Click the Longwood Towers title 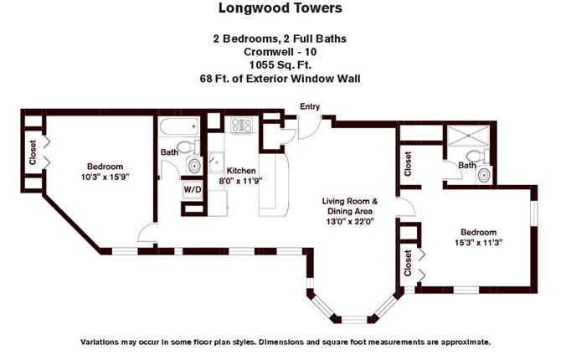[x=280, y=8]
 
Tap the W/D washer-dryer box [x=193, y=189]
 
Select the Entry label [x=310, y=106]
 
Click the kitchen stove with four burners [x=241, y=125]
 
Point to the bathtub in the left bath [x=179, y=126]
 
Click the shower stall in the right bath [x=469, y=136]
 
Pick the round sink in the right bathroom [x=485, y=176]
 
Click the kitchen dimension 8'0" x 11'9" [x=240, y=181]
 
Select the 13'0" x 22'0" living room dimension [x=350, y=222]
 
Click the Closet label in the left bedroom [x=33, y=152]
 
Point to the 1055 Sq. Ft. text [x=280, y=65]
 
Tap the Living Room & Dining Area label [x=349, y=206]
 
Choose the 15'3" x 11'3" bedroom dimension [x=478, y=243]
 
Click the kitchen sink [x=217, y=162]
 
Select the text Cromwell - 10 [x=280, y=52]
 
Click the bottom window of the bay [x=354, y=318]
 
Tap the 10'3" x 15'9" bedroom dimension [x=105, y=177]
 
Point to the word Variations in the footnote [x=99, y=342]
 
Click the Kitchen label [x=241, y=171]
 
